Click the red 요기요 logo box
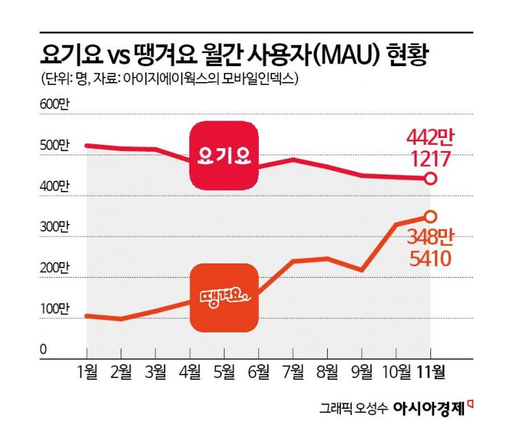point(224,155)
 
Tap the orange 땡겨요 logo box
point(224,296)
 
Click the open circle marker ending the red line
point(430,179)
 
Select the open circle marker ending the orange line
point(430,216)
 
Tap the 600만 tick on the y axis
point(54,104)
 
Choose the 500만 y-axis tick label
point(54,146)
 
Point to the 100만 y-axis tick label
point(54,308)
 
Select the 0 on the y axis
point(43,350)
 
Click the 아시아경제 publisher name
point(428,408)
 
